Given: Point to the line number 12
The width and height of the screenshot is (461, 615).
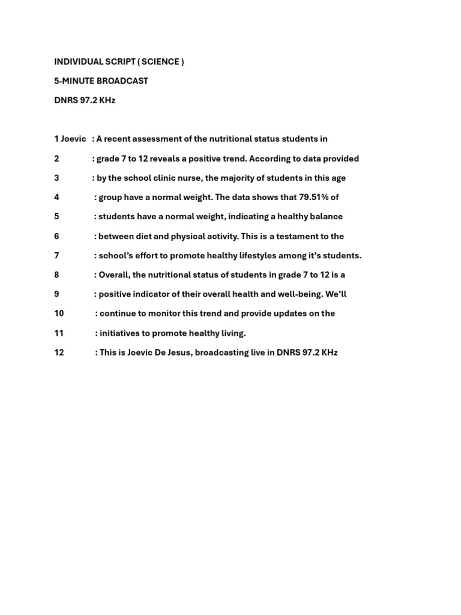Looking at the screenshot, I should point(59,353).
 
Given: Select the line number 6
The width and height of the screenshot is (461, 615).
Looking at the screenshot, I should point(56,236).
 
